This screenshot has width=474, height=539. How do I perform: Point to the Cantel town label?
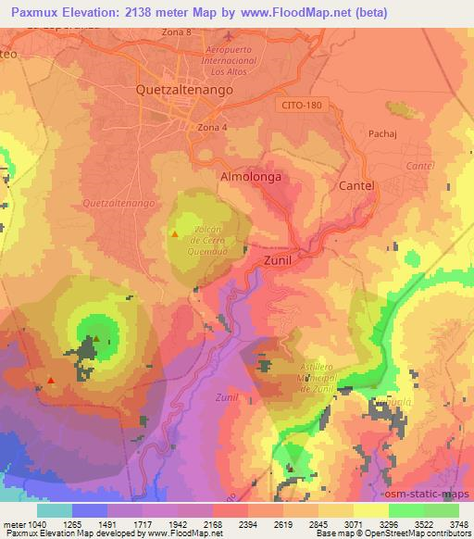(356, 185)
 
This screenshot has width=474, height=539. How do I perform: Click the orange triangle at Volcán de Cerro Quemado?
(174, 234)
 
